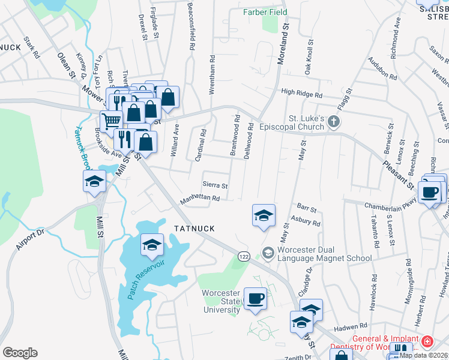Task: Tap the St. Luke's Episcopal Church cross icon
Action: pos(335,123)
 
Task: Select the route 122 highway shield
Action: pos(243,256)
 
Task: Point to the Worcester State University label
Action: pos(221,301)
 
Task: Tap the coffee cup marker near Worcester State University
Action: pos(256,298)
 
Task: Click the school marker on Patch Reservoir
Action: pos(152,245)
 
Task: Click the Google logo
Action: pos(20,353)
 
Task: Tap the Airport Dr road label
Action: pos(28,239)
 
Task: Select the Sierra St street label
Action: pos(215,186)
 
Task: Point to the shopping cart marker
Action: pos(110,122)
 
